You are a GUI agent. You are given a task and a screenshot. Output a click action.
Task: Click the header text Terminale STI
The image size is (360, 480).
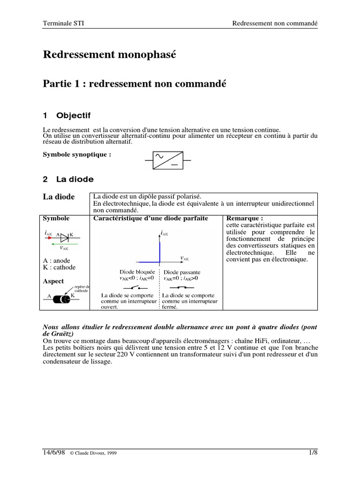click(x=64, y=23)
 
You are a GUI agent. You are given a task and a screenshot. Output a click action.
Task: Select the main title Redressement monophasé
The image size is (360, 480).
click(x=110, y=54)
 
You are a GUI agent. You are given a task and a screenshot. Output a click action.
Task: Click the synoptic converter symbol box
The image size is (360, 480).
click(x=167, y=161)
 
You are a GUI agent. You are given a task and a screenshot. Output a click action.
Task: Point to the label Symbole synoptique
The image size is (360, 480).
click(x=77, y=154)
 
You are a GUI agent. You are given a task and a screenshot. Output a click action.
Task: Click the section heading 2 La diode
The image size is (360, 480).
click(x=68, y=179)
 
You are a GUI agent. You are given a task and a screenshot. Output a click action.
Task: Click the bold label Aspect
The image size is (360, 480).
click(x=53, y=281)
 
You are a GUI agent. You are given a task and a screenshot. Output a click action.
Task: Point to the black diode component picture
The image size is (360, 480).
click(x=60, y=299)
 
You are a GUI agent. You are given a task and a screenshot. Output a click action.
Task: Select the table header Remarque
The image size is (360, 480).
click(x=244, y=218)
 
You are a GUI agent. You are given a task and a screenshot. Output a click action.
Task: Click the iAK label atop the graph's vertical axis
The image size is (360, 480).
click(x=164, y=232)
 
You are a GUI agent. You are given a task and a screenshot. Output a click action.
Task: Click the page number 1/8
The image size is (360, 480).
click(x=313, y=452)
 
